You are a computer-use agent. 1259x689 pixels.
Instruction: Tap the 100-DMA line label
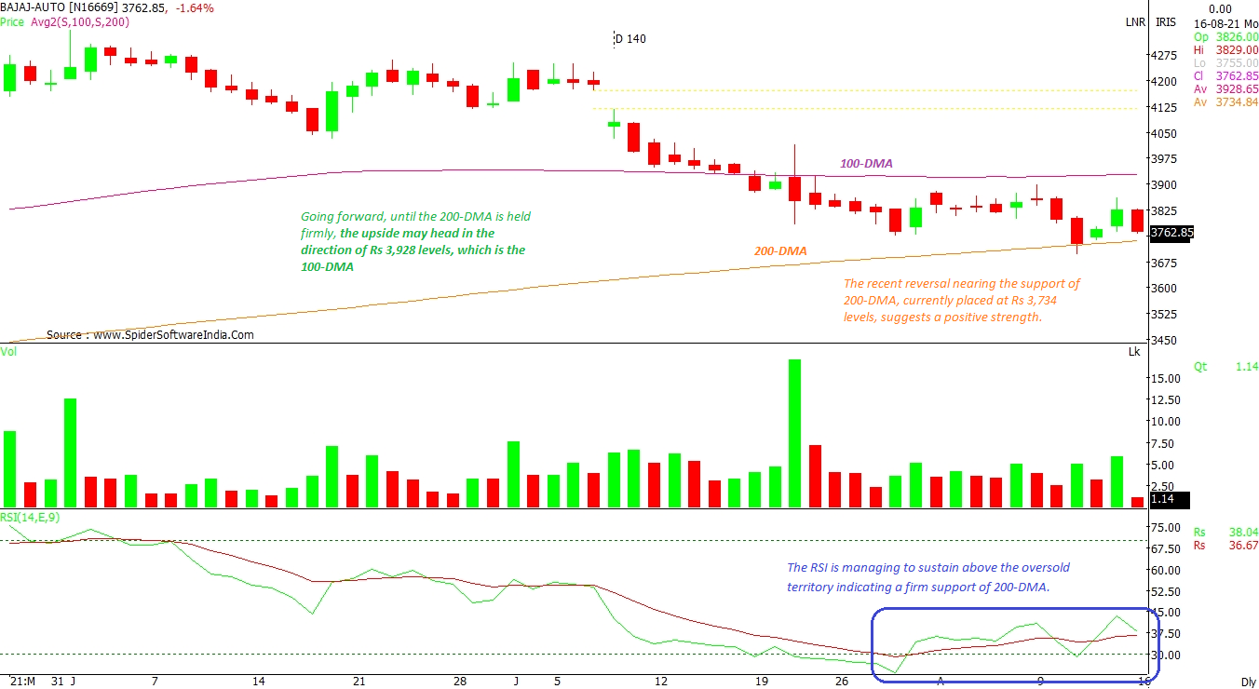click(x=866, y=164)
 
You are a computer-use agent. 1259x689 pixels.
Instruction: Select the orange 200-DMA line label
click(x=780, y=251)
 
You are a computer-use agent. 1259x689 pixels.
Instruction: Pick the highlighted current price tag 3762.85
click(x=1171, y=233)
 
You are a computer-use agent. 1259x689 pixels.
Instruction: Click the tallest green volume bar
click(x=794, y=433)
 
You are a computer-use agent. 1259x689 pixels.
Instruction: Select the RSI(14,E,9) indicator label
click(x=32, y=515)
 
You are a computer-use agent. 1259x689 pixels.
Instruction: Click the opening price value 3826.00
click(x=1239, y=36)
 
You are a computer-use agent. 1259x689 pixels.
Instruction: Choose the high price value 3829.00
click(x=1239, y=49)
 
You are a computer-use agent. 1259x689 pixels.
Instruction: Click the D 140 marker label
click(x=630, y=39)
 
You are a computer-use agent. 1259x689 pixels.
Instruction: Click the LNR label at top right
click(x=1135, y=22)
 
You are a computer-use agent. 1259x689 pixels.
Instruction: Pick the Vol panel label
click(x=8, y=352)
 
